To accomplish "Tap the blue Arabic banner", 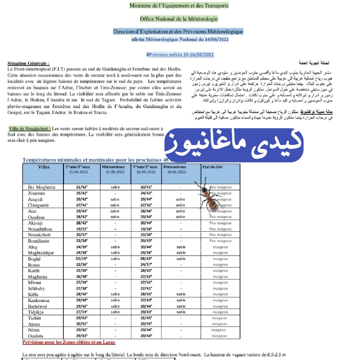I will (x=234, y=144).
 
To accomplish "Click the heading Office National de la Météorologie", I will (x=179, y=19).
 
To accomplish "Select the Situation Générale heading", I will (x=29, y=63).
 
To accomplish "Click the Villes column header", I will (x=44, y=167).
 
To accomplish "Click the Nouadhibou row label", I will (x=40, y=229).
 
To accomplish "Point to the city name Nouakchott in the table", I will (x=39, y=235).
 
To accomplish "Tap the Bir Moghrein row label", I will (x=42, y=187).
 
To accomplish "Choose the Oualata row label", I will (x=36, y=336).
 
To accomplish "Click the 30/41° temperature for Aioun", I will (x=81, y=324).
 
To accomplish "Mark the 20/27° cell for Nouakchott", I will (x=81, y=235).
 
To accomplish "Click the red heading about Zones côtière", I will (x=69, y=342).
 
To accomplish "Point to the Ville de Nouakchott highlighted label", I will (x=30, y=129).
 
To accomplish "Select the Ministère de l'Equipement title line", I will (x=179, y=6).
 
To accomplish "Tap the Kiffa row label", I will (x=33, y=294).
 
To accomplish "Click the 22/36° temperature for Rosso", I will (x=81, y=265).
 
